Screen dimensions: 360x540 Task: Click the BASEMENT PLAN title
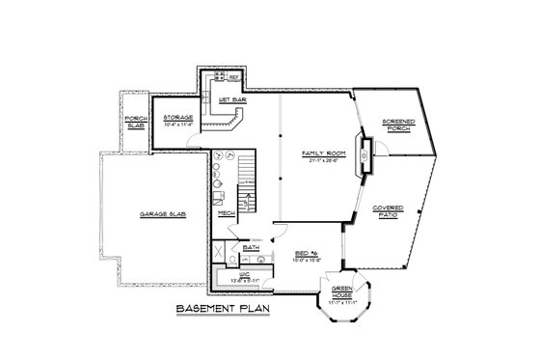[223, 309]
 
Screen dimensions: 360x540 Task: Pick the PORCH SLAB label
[135, 123]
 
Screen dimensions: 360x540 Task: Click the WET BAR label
[229, 99]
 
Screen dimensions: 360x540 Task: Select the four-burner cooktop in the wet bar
[219, 76]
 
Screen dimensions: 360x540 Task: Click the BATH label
[251, 247]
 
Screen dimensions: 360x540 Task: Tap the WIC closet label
[246, 275]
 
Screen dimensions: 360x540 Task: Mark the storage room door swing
[195, 141]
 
